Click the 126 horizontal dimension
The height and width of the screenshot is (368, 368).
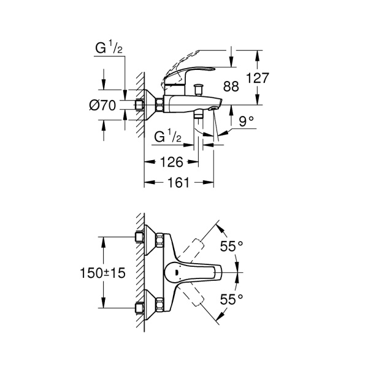coord(171,163)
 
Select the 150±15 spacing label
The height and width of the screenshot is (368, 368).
coord(102,274)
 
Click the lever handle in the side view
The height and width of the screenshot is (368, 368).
coord(196,72)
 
